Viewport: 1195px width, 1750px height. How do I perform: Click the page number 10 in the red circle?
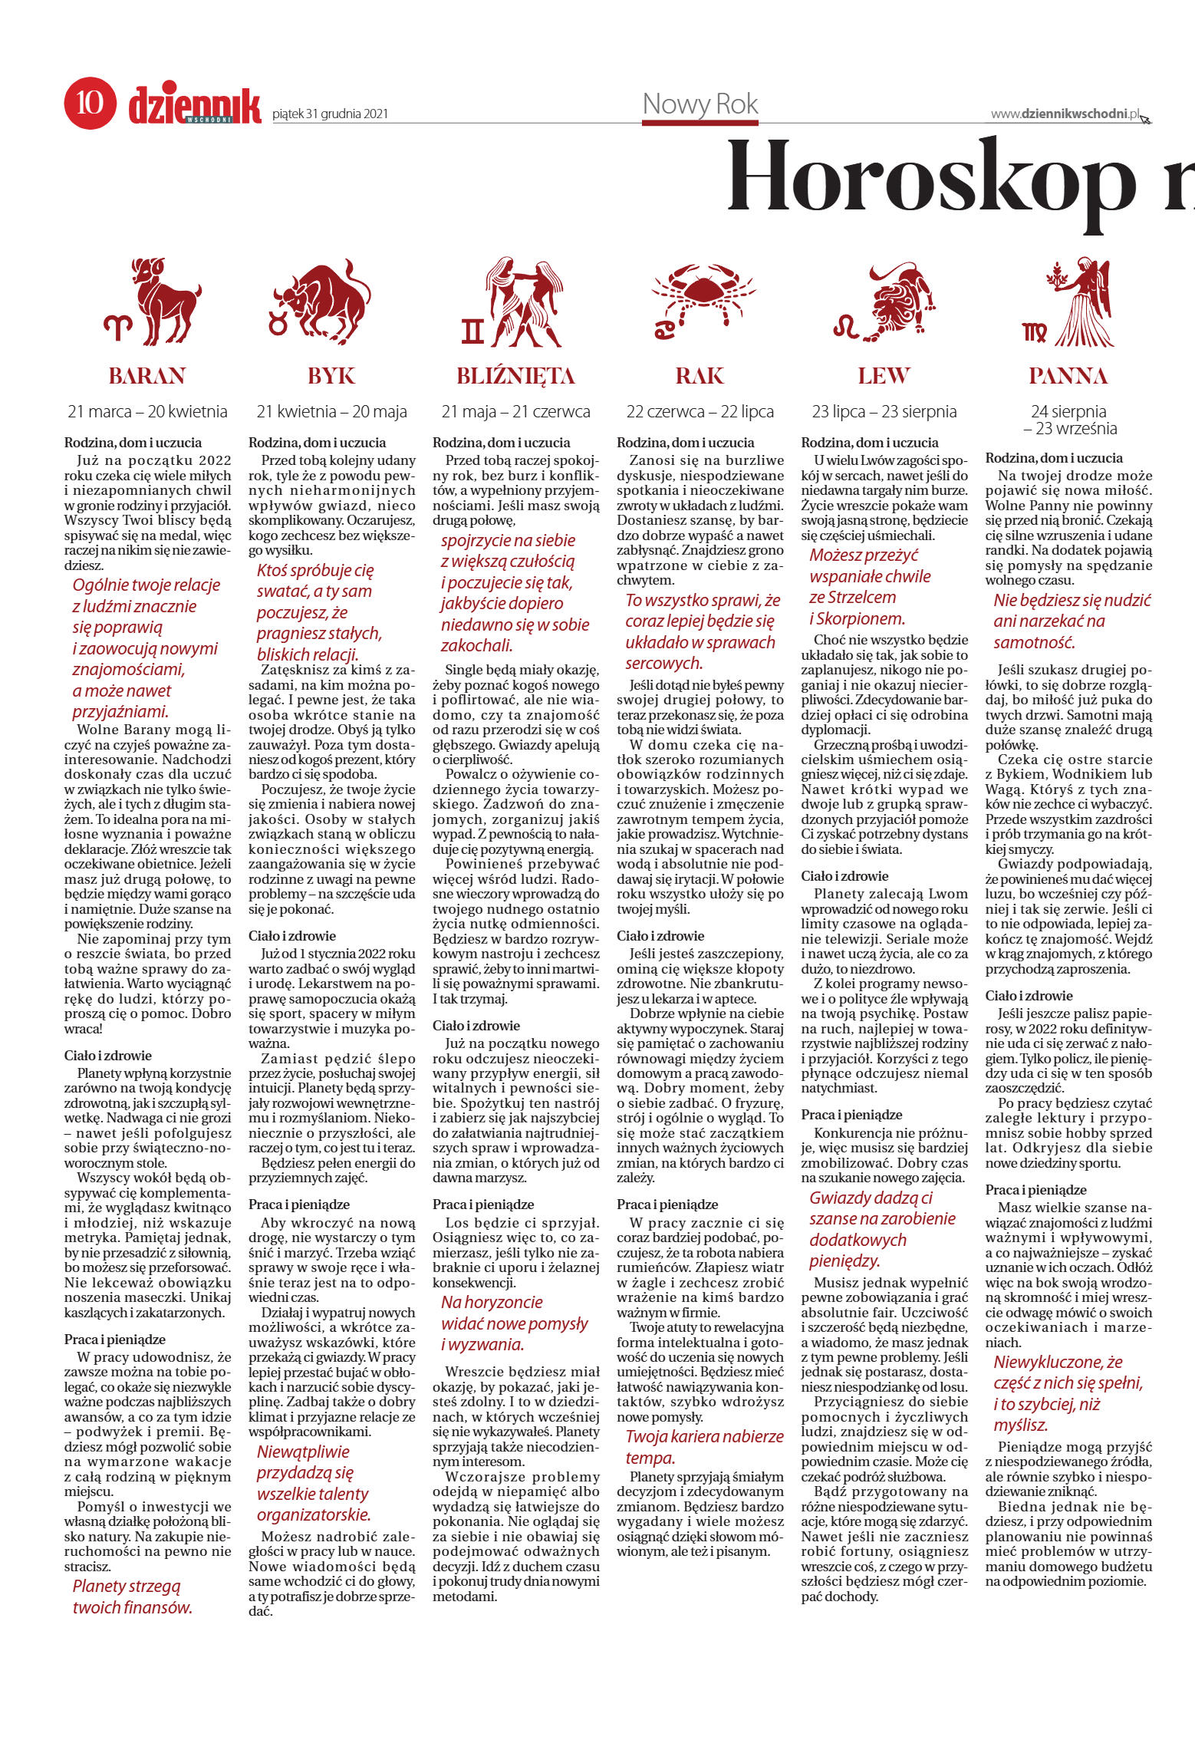90,103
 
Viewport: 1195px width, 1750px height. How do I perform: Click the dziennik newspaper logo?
195,106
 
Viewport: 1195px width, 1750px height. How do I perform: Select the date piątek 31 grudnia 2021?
330,114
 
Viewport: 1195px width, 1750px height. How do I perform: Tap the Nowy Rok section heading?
700,104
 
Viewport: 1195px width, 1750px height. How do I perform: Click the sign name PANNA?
1068,376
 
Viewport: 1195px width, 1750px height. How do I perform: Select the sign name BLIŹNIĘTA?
515,376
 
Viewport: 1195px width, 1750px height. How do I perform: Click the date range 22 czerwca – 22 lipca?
700,412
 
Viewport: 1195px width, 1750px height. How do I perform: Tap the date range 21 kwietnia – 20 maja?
331,412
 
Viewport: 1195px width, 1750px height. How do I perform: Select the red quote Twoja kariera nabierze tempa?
703,1447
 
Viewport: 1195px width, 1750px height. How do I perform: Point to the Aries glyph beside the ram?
119,328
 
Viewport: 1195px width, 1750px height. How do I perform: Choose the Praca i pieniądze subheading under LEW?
851,1115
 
